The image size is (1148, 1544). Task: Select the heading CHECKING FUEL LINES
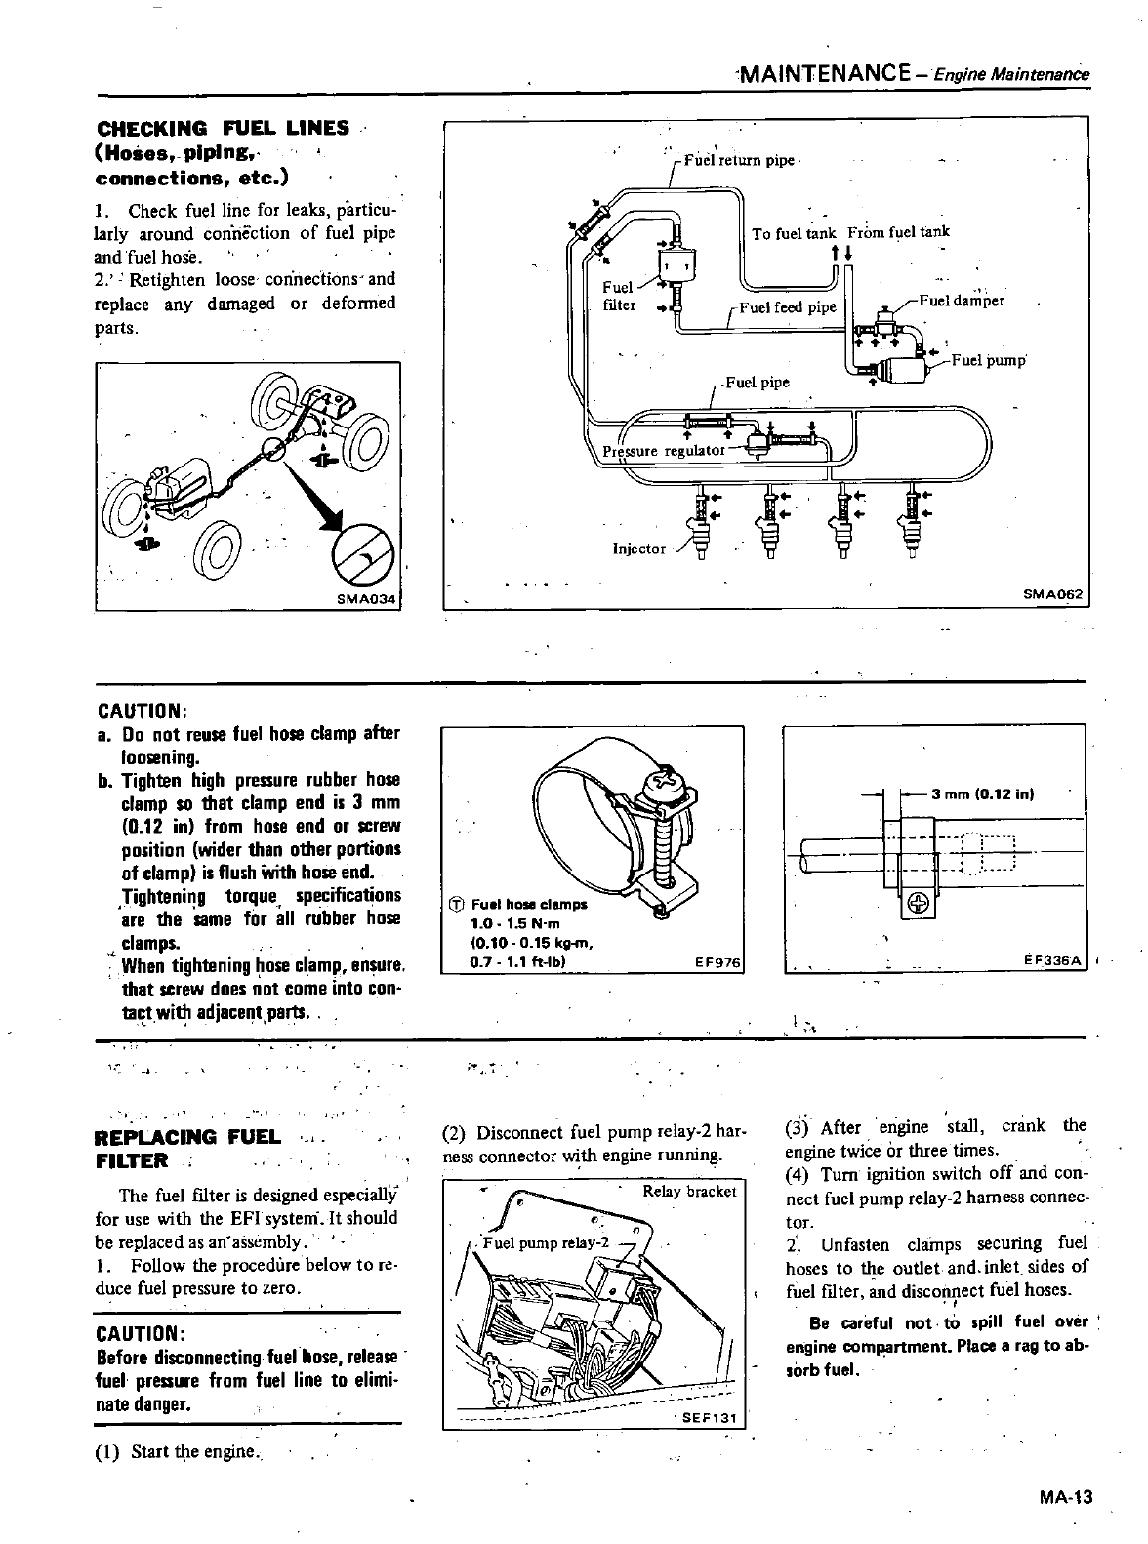223,128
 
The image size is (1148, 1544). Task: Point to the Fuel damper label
962,301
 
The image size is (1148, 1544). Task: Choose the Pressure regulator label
663,450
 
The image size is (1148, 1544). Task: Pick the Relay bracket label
689,1192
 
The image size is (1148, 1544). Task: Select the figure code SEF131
706,1418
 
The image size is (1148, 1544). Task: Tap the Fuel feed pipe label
788,306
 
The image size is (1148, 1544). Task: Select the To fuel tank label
794,232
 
